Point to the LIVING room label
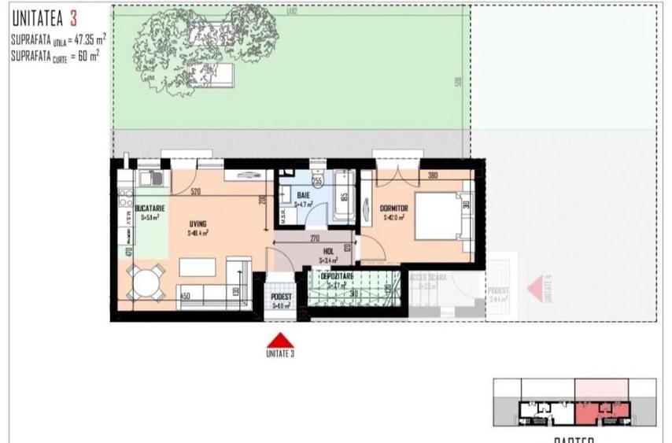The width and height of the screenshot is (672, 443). pyautogui.click(x=197, y=223)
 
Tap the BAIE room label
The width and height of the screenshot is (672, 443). pyautogui.click(x=304, y=194)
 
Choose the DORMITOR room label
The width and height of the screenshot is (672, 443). pyautogui.click(x=396, y=209)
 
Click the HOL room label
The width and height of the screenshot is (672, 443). pyautogui.click(x=328, y=251)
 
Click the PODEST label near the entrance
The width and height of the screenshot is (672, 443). pyautogui.click(x=282, y=297)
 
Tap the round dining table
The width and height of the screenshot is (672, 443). pyautogui.click(x=146, y=281)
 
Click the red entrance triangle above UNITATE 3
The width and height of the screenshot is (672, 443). pyautogui.click(x=281, y=340)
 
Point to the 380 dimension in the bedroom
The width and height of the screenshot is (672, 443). pyautogui.click(x=432, y=176)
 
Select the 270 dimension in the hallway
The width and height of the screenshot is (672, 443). pyautogui.click(x=314, y=237)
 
